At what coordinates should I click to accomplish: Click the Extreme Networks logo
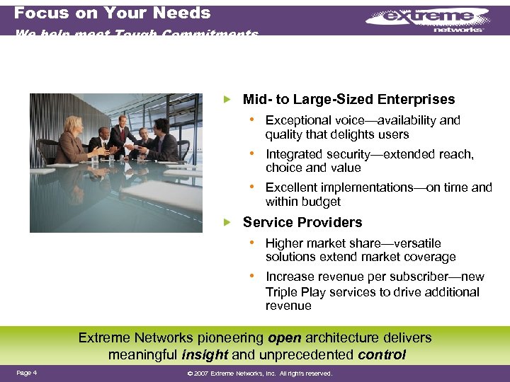(x=429, y=21)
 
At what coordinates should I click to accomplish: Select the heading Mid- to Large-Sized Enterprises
(x=348, y=99)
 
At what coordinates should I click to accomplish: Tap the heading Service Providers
(x=302, y=222)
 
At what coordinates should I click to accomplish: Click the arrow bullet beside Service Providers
(x=227, y=222)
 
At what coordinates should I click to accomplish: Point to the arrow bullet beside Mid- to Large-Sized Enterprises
(x=227, y=99)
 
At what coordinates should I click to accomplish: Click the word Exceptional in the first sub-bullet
(x=297, y=120)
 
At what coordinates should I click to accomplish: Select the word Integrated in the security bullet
(x=294, y=154)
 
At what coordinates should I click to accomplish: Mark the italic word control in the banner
(x=382, y=354)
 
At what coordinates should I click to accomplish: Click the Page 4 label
(x=26, y=373)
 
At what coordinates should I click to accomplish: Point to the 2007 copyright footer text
(x=259, y=374)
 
